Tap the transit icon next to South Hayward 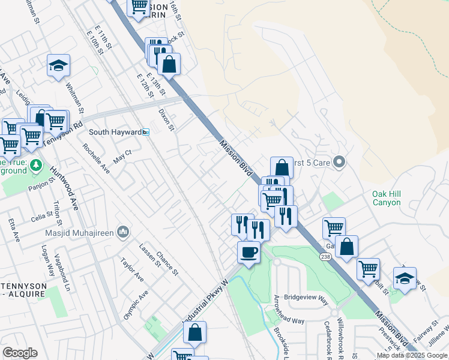tap(146, 132)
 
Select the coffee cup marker tap(249, 251)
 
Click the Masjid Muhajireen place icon tap(123, 232)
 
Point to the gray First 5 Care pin tap(339, 162)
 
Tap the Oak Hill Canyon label tap(386, 198)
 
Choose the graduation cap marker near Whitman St tap(59, 65)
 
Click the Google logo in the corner tap(20, 353)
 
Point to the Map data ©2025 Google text tap(412, 355)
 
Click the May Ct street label tap(122, 158)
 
